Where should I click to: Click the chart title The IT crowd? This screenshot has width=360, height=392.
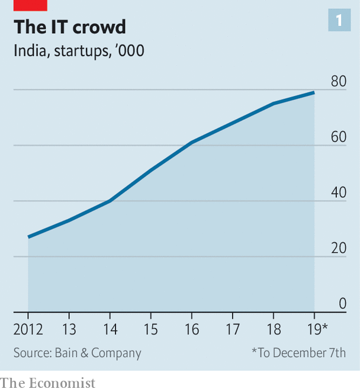click(70, 27)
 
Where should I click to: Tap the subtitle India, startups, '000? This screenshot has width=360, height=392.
click(79, 50)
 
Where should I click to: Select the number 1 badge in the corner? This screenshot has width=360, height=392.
click(339, 21)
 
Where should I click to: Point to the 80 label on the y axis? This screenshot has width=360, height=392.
click(338, 82)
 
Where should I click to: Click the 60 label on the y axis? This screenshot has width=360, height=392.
click(338, 137)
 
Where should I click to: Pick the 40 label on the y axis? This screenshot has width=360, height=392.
click(338, 193)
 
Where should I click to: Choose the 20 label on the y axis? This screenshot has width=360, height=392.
click(338, 249)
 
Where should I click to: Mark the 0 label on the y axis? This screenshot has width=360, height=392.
click(342, 304)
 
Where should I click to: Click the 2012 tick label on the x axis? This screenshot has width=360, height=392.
click(28, 328)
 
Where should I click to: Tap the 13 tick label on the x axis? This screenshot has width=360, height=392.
click(69, 328)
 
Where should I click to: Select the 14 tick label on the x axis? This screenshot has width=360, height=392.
click(110, 328)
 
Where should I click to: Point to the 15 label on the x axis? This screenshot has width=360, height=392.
click(151, 328)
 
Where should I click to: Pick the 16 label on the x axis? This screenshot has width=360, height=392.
click(192, 328)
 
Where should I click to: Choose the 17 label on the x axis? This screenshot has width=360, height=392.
click(233, 328)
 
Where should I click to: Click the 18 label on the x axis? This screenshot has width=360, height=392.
click(274, 328)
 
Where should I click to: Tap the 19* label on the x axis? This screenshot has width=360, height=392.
click(316, 328)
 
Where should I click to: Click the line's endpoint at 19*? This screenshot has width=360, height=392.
click(314, 92)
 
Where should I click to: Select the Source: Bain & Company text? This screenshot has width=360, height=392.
click(78, 354)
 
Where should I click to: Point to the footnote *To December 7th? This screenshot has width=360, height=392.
click(298, 354)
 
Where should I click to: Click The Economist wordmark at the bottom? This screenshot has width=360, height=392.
click(47, 383)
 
